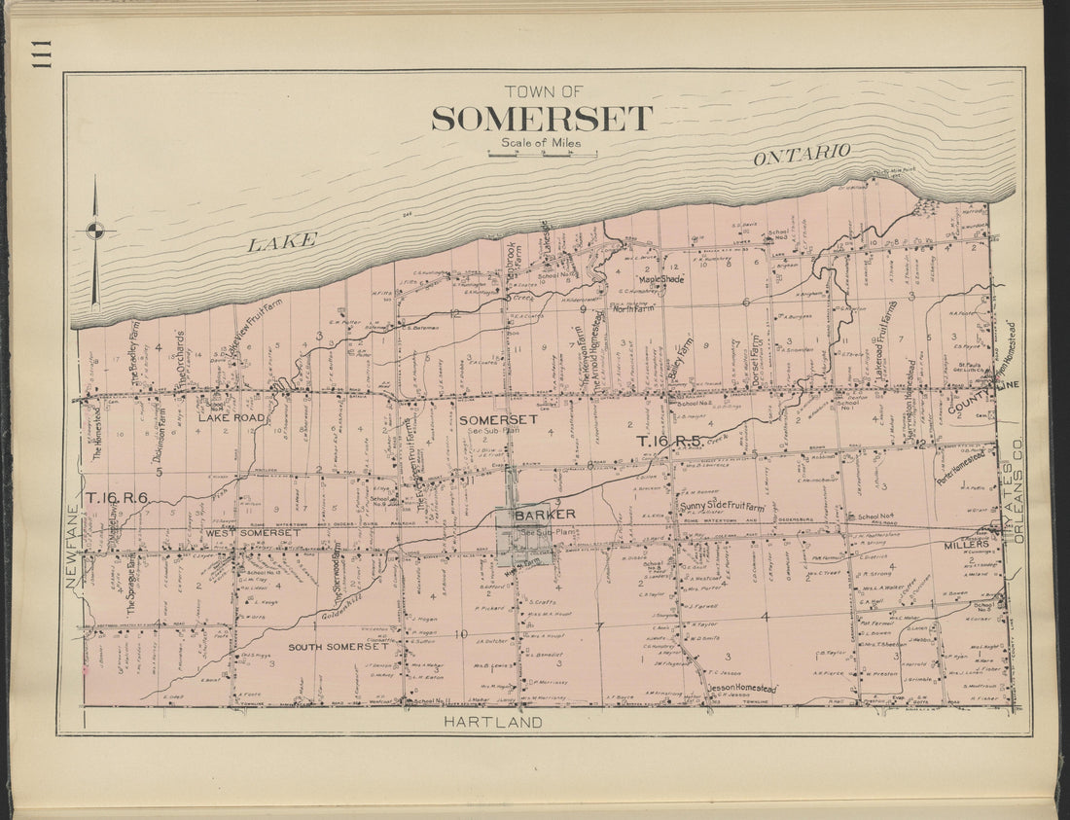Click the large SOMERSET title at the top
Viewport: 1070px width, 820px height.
point(542,119)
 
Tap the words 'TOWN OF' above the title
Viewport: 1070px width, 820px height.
point(543,91)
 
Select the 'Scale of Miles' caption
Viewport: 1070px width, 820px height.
point(541,143)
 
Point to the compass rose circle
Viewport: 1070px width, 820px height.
point(95,231)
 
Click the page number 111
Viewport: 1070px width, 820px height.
point(40,58)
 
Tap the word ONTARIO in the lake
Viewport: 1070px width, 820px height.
point(802,155)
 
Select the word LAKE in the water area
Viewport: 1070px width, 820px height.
point(282,241)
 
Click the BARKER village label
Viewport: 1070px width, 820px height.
point(545,514)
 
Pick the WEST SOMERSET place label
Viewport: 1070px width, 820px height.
point(252,533)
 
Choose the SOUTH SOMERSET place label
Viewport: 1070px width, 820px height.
point(336,647)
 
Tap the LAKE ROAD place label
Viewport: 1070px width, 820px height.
point(232,417)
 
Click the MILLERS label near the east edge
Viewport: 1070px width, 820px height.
point(965,545)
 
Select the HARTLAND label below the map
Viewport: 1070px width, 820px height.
point(492,722)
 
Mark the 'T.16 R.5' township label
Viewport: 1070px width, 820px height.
point(669,442)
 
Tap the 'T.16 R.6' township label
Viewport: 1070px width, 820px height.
point(116,498)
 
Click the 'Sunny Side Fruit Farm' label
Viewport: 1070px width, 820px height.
point(722,507)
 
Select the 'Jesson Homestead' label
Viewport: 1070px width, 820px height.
point(742,688)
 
